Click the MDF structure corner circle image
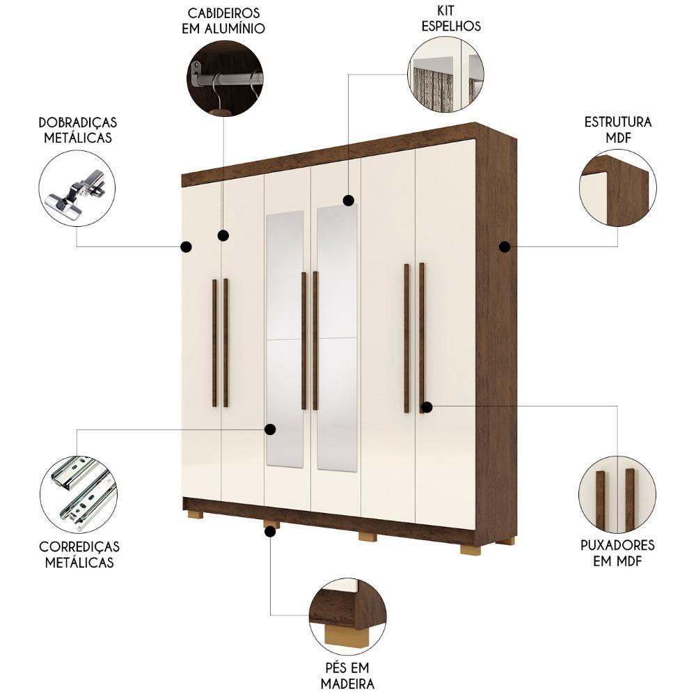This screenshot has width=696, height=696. tap(617, 188)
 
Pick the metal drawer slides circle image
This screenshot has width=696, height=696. tap(78, 494)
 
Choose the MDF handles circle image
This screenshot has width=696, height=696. tap(617, 495)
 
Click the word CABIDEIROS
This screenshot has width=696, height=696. tap(224, 13)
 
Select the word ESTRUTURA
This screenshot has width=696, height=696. tap(617, 122)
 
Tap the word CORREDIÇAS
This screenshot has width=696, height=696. tap(79, 547)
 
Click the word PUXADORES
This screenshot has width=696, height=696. tap(617, 545)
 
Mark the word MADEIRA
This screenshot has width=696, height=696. tap(347, 683)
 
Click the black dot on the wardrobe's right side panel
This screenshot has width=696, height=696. tap(505, 246)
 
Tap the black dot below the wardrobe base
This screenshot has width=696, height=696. tap(270, 532)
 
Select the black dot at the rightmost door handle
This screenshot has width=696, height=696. tap(427, 406)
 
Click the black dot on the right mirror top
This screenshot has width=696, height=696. tap(348, 200)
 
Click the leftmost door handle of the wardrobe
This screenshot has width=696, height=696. tap(214, 342)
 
